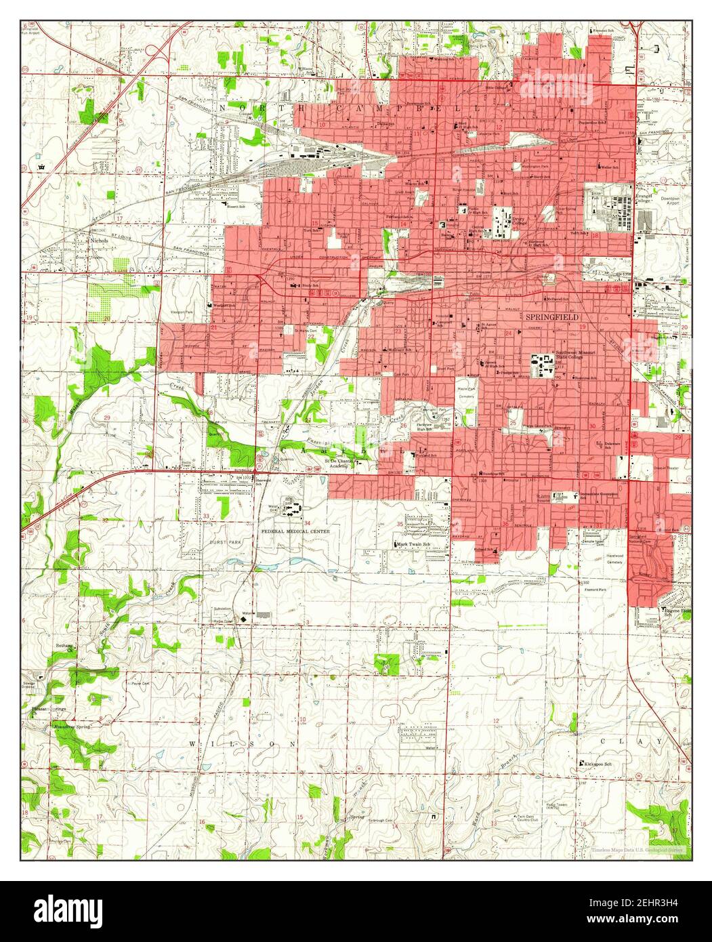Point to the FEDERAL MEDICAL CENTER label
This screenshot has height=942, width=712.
tap(295, 532)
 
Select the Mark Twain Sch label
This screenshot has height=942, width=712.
tap(415, 544)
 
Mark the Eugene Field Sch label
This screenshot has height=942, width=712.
tap(675, 612)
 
